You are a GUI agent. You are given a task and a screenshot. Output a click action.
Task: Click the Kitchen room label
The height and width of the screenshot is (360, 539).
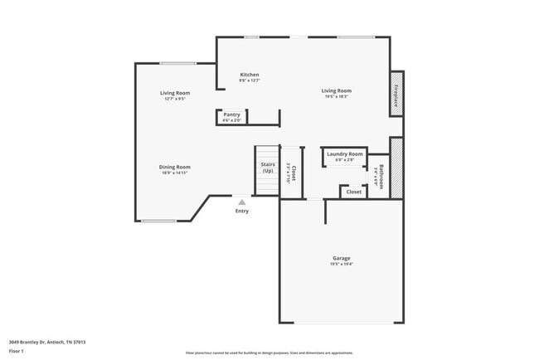[250, 75]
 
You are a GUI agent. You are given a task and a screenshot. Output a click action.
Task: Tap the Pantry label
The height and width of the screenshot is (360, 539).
[231, 115]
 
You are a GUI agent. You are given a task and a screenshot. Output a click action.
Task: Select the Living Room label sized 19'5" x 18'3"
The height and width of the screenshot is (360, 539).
[336, 90]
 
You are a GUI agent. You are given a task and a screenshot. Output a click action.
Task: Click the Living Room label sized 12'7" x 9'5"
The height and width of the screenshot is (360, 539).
[175, 93]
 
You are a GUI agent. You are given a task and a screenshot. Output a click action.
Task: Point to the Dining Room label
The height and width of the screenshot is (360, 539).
[175, 167]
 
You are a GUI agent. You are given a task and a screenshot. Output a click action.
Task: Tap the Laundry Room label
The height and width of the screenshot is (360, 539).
[344, 153]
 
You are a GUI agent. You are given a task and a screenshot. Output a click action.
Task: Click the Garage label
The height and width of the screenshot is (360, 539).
[342, 258]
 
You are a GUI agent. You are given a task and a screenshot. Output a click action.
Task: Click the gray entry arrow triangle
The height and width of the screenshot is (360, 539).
[241, 202]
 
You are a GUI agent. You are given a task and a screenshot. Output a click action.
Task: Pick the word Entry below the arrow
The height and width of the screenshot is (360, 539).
[241, 211]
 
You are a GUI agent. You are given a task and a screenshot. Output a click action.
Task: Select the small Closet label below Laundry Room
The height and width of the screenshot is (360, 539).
[353, 192]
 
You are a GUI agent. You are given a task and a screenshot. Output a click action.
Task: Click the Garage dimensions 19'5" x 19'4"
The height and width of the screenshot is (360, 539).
[342, 265]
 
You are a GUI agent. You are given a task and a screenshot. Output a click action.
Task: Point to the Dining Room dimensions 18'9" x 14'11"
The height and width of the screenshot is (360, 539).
[175, 173]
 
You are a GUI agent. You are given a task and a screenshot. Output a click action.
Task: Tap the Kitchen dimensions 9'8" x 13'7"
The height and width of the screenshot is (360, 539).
[250, 80]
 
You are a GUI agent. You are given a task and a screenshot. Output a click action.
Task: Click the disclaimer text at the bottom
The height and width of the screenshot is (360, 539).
[269, 352]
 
